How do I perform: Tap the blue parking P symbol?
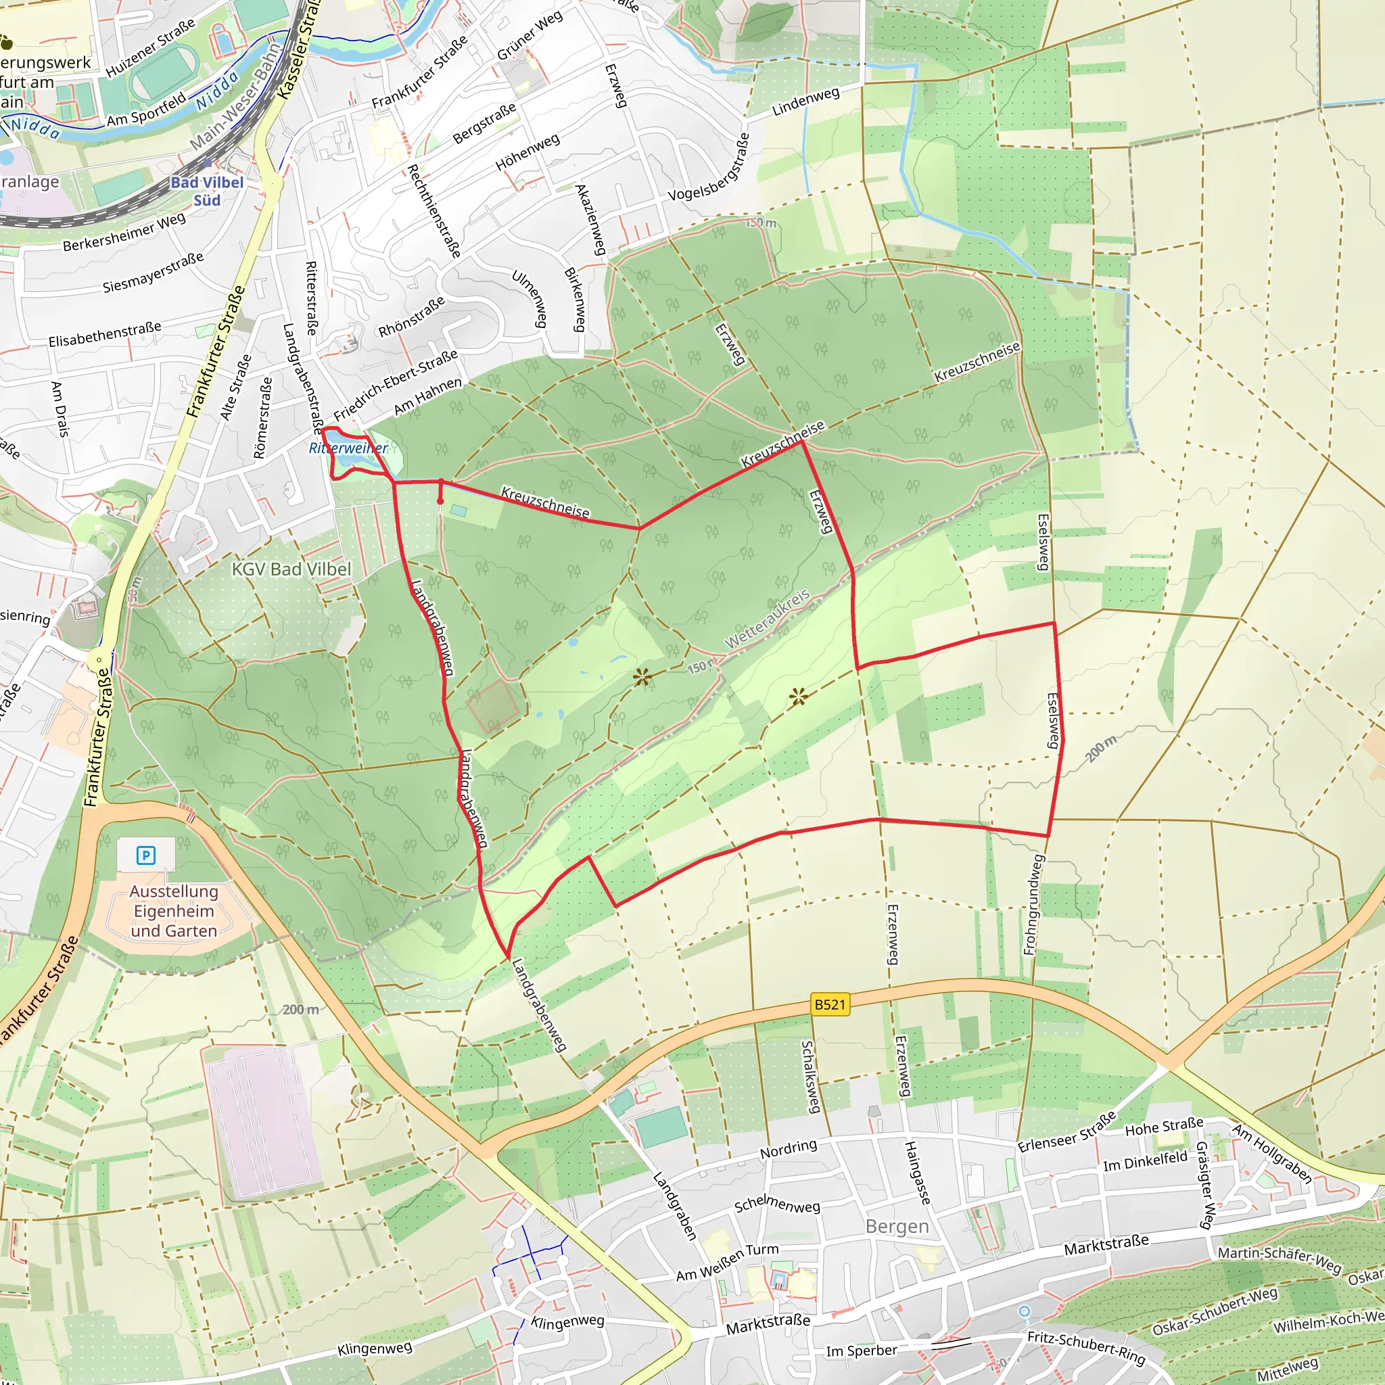point(145,855)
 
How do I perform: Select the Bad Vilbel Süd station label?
point(207,191)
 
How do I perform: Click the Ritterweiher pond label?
point(348,448)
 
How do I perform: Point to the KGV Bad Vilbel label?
point(291,569)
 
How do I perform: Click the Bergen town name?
point(897,1227)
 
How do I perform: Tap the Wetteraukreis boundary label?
point(767,619)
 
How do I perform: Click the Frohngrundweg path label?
point(1032,905)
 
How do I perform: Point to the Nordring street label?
point(789,1150)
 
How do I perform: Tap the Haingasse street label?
point(917,1173)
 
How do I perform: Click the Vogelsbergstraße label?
point(709,167)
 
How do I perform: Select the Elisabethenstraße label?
point(105,334)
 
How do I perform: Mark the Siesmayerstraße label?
point(153,273)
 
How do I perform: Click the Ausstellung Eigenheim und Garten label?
point(174,911)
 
